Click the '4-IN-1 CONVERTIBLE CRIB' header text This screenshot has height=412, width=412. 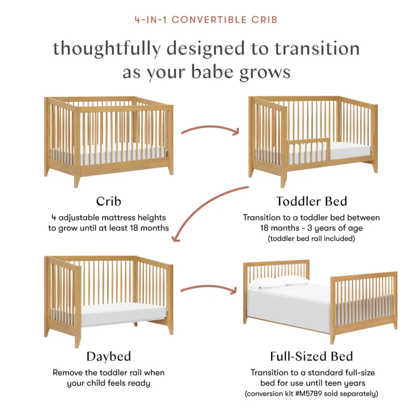click(206, 20)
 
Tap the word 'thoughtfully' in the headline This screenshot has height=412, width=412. click(107, 49)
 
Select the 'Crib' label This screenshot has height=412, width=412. click(108, 201)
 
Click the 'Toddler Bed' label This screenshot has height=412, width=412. click(311, 201)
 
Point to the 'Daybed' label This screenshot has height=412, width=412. click(108, 356)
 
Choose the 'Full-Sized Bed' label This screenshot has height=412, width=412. click(311, 356)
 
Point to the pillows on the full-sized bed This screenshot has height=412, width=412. click(279, 283)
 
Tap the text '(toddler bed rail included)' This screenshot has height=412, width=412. click(311, 238)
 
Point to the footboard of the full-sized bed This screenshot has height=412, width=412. click(364, 305)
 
